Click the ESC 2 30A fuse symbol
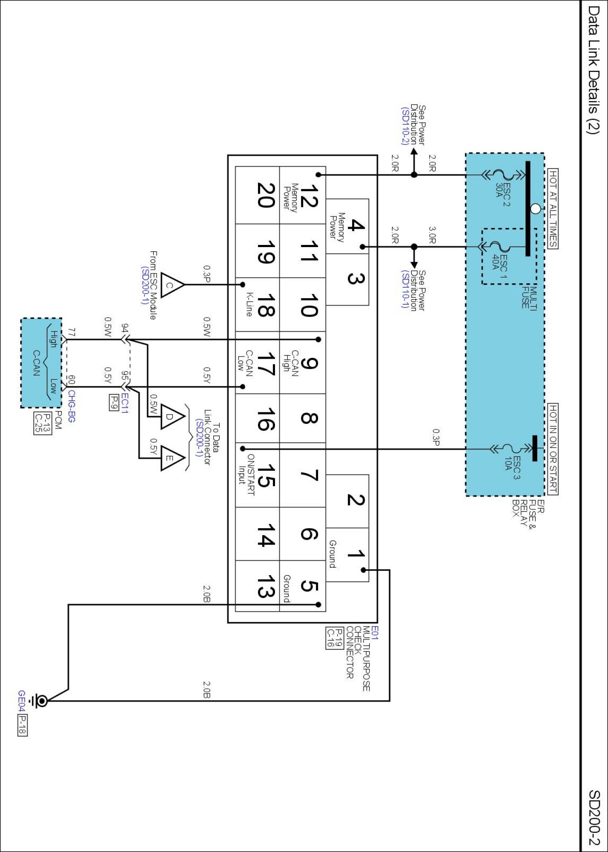tap(504, 175)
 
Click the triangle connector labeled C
tap(172, 285)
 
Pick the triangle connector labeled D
tap(172, 417)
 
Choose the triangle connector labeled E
tap(172, 458)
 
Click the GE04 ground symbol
tap(41, 700)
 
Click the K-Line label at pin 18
tap(249, 305)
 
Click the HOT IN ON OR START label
tap(553, 449)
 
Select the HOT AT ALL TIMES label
tap(553, 208)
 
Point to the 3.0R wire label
tap(432, 235)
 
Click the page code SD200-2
tap(594, 817)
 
